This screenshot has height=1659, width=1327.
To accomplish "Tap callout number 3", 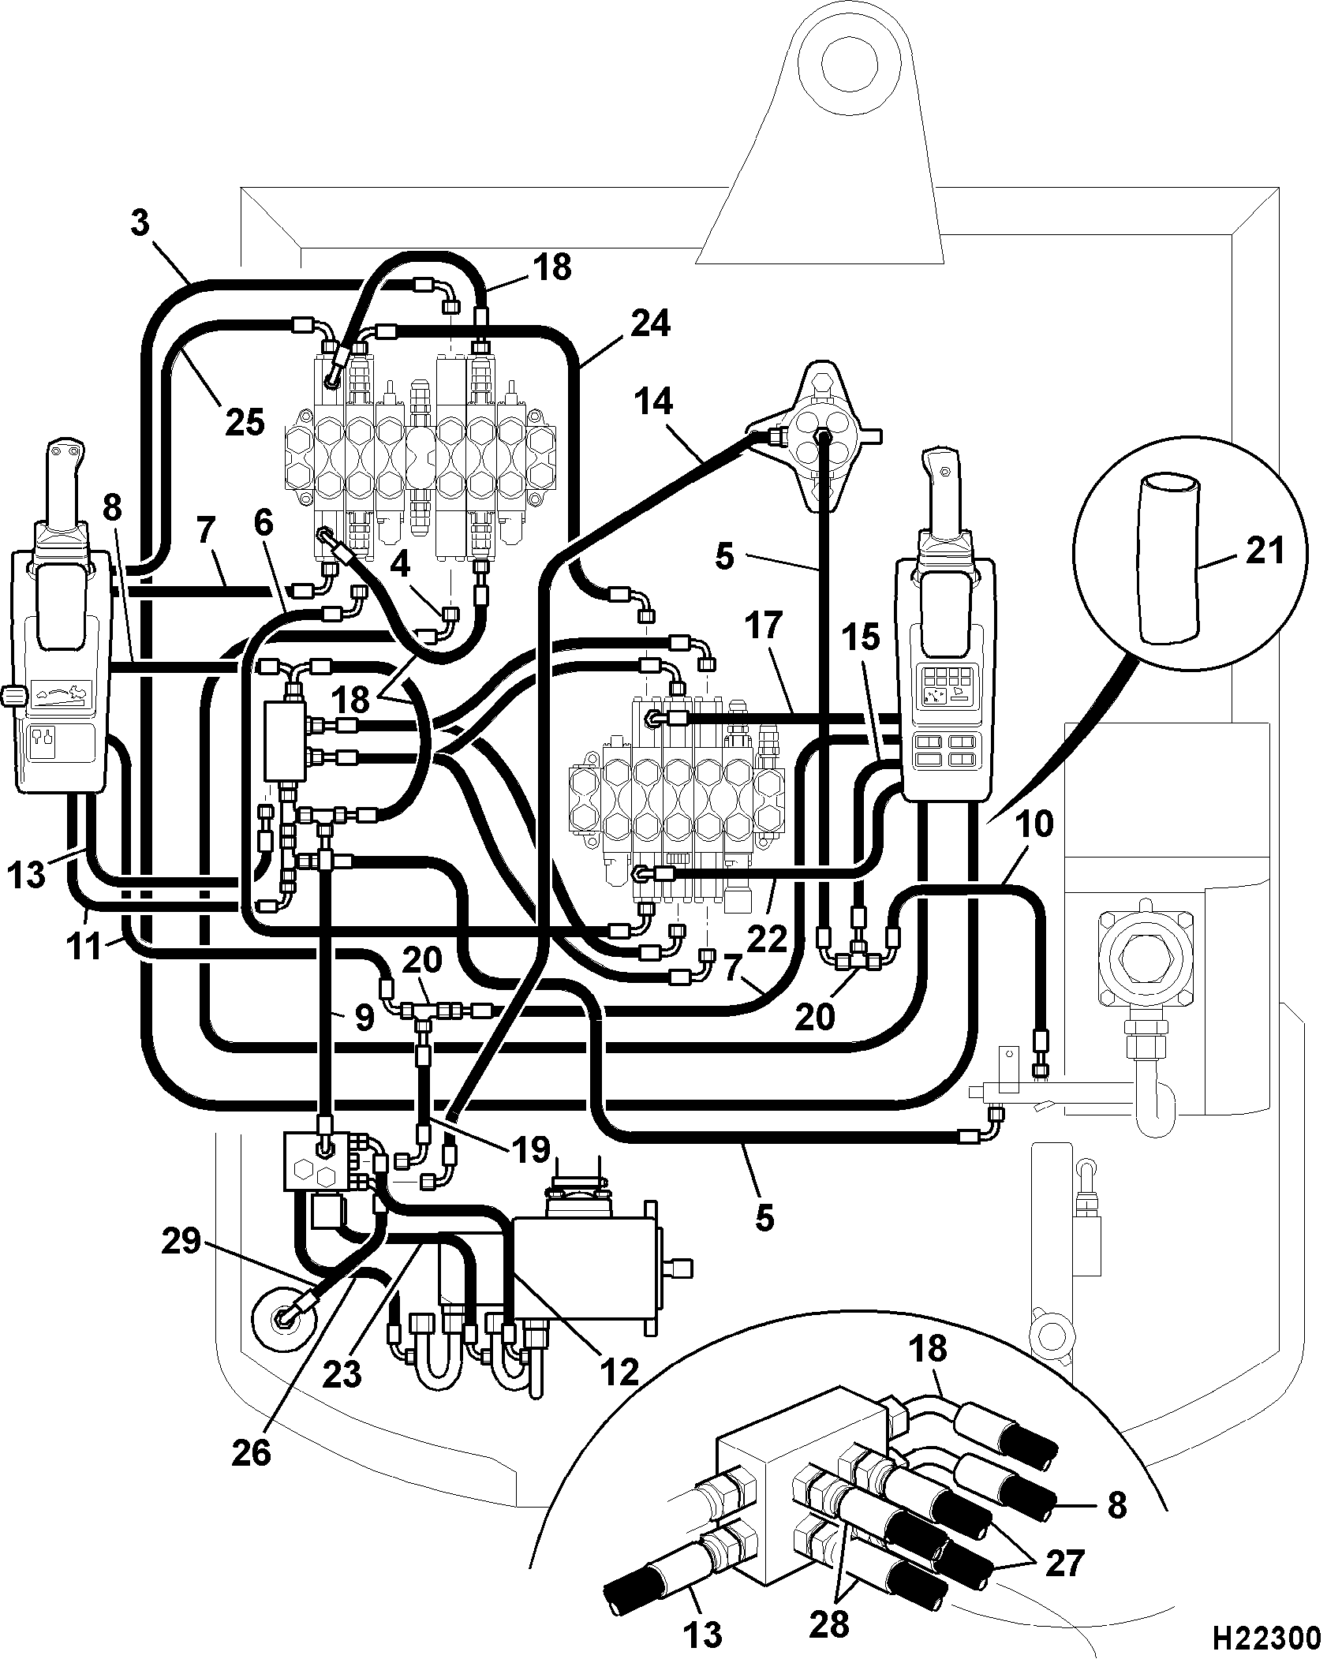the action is [x=139, y=223].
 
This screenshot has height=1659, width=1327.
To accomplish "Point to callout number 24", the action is [x=649, y=323].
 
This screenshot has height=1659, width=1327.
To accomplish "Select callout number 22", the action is [x=767, y=940].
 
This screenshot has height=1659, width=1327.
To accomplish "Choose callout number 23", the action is [x=342, y=1375].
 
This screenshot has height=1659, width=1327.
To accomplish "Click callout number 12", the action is [x=619, y=1373].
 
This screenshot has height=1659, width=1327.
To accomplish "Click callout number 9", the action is [x=364, y=1018].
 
